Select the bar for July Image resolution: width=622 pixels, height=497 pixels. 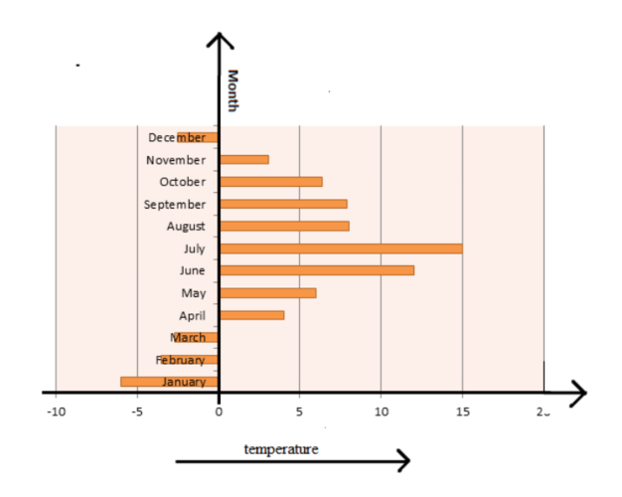(x=341, y=248)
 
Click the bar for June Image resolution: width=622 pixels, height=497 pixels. (x=317, y=270)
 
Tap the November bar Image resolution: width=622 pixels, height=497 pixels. (x=244, y=159)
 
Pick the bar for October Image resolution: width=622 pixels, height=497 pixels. (x=271, y=182)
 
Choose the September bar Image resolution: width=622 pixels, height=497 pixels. (x=283, y=204)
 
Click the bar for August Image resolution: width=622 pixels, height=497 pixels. (x=284, y=226)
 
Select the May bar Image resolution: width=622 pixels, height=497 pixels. (x=268, y=293)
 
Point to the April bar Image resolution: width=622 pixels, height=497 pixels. (x=252, y=315)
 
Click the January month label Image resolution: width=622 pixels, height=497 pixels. (x=184, y=382)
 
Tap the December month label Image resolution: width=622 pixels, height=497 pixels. (x=177, y=137)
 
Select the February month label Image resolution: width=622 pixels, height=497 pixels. (x=180, y=360)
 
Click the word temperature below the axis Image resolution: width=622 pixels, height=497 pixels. (x=281, y=449)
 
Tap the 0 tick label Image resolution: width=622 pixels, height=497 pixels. (x=219, y=411)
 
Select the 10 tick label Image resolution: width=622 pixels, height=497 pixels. (x=381, y=411)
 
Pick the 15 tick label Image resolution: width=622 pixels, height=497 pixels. (x=461, y=411)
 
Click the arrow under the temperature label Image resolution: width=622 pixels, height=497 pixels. (x=292, y=460)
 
